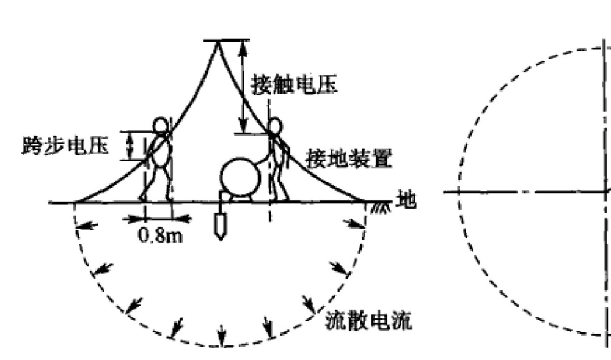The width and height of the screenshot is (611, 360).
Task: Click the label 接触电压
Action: [x=295, y=84]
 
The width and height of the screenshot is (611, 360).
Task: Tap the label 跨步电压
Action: [x=65, y=146]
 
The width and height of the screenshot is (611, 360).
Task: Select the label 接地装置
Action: [x=349, y=158]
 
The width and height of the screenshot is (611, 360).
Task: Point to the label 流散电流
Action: [x=368, y=321]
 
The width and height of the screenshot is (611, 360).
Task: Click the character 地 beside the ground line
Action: [x=406, y=200]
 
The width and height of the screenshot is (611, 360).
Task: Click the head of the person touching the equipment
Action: [x=275, y=126]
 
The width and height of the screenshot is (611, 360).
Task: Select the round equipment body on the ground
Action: [x=240, y=177]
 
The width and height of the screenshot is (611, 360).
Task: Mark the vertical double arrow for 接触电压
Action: [x=243, y=87]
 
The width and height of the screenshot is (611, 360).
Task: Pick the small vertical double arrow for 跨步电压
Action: [x=131, y=145]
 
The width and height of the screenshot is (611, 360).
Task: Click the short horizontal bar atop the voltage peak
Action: [x=227, y=40]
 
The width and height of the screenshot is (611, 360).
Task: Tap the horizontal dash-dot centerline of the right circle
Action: [x=527, y=192]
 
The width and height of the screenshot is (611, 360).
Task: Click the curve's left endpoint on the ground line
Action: [x=75, y=202]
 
